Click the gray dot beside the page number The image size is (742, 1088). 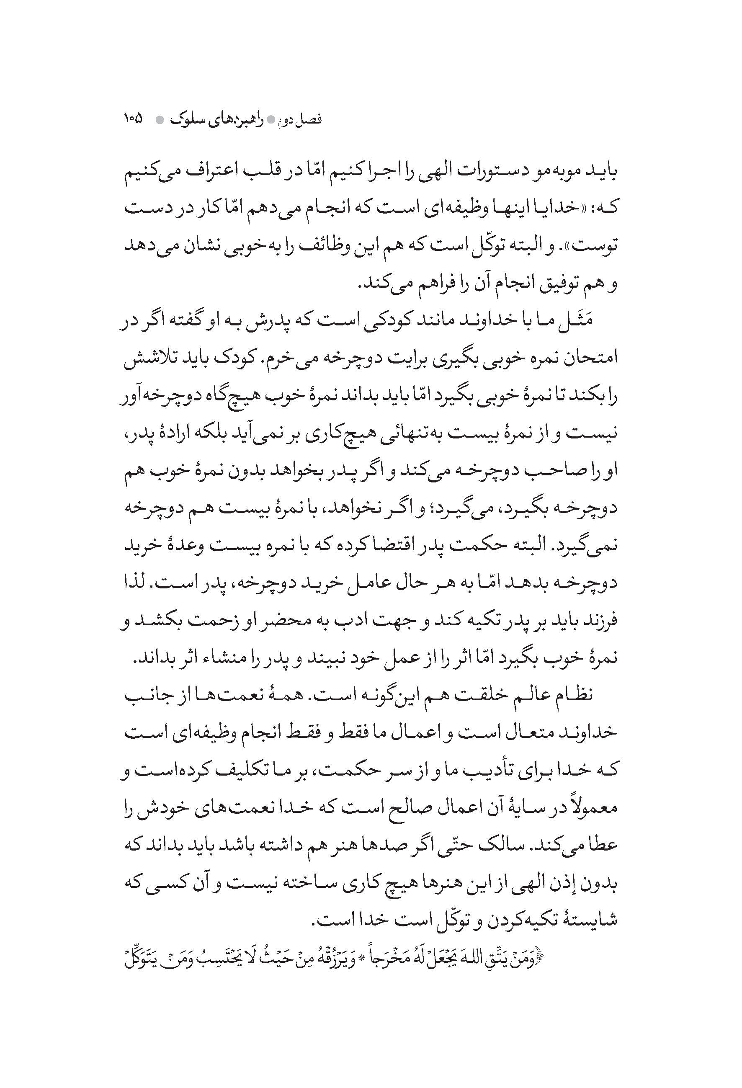[x=159, y=120]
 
